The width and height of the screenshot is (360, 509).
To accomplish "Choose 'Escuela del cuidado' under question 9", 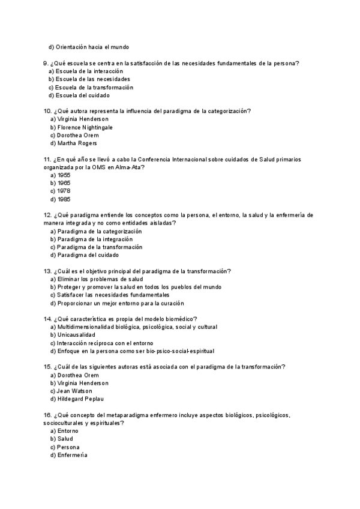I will pos(84,95).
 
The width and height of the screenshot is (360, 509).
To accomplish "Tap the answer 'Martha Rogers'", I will pos(77,143).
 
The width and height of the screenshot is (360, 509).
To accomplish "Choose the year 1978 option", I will pos(64,191).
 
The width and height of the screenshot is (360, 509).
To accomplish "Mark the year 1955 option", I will pos(64,175).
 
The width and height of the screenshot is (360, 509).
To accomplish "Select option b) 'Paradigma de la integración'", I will pos(95,239).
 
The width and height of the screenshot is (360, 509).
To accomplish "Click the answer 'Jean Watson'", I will pos(76,391).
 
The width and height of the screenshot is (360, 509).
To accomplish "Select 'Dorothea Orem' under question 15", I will pos(78,375).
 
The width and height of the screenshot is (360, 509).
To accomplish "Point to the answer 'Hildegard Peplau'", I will pos(82,399).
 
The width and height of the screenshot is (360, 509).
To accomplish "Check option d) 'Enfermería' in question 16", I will pos(72,455).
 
